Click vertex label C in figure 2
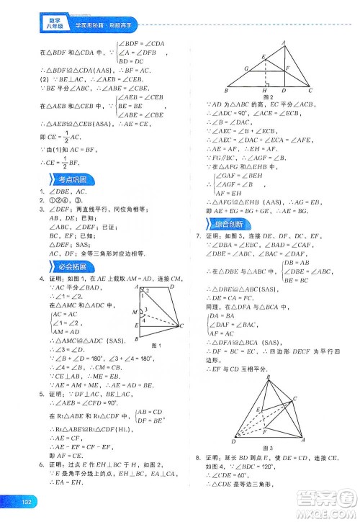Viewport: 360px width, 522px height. pos(310,91)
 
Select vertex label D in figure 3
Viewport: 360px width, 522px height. pos(232,441)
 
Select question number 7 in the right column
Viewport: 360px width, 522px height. pos(188,237)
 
